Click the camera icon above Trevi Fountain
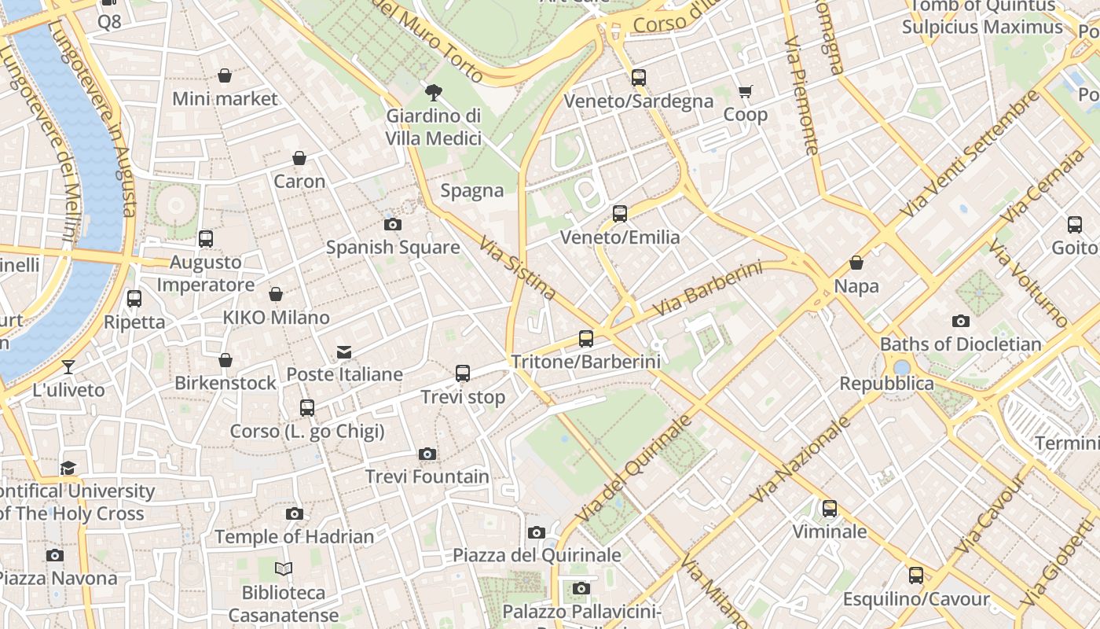click(427, 454)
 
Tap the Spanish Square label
click(393, 247)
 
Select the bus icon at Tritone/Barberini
click(586, 339)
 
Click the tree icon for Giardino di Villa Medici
click(433, 93)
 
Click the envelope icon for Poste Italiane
click(344, 351)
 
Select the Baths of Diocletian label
click(960, 344)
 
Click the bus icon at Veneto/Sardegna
click(639, 77)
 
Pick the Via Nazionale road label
click(801, 459)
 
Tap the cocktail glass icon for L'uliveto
click(68, 366)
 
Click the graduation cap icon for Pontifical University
click(68, 468)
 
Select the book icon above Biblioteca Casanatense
click(284, 568)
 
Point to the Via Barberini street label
click(707, 289)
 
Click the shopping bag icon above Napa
click(856, 263)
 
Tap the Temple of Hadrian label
click(294, 537)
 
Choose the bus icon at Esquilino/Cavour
click(916, 576)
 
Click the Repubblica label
click(886, 384)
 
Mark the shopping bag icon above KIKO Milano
click(276, 294)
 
